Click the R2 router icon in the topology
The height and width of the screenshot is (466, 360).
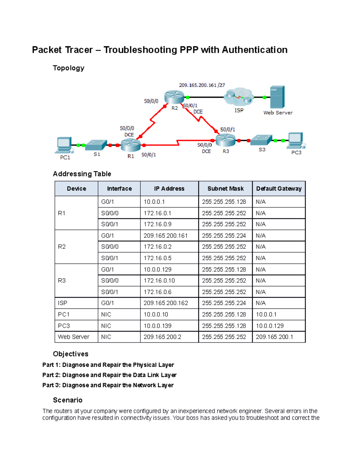tap(174, 97)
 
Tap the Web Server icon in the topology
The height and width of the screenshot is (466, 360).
tap(277, 97)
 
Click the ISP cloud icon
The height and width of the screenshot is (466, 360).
tap(239, 97)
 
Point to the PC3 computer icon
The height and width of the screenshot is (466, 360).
tap(295, 140)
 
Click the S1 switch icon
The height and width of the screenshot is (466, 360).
tap(96, 145)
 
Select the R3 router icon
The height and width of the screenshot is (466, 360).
tap(225, 140)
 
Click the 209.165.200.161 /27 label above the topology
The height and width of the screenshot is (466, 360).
tap(202, 85)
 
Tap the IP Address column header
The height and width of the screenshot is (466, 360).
tap(169, 189)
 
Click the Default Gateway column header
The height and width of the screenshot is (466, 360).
tap(279, 189)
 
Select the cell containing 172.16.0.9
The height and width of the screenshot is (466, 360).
tap(157, 224)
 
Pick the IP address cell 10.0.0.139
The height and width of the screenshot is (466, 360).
tap(157, 326)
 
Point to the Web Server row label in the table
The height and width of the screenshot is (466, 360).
tap(73, 337)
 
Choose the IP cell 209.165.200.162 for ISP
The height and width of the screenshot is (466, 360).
tap(166, 303)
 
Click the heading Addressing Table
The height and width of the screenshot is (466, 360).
tap(82, 174)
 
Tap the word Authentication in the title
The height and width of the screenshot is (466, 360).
tap(255, 50)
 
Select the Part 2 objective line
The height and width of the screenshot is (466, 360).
tap(109, 375)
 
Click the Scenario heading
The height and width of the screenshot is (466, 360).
tap(67, 400)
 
